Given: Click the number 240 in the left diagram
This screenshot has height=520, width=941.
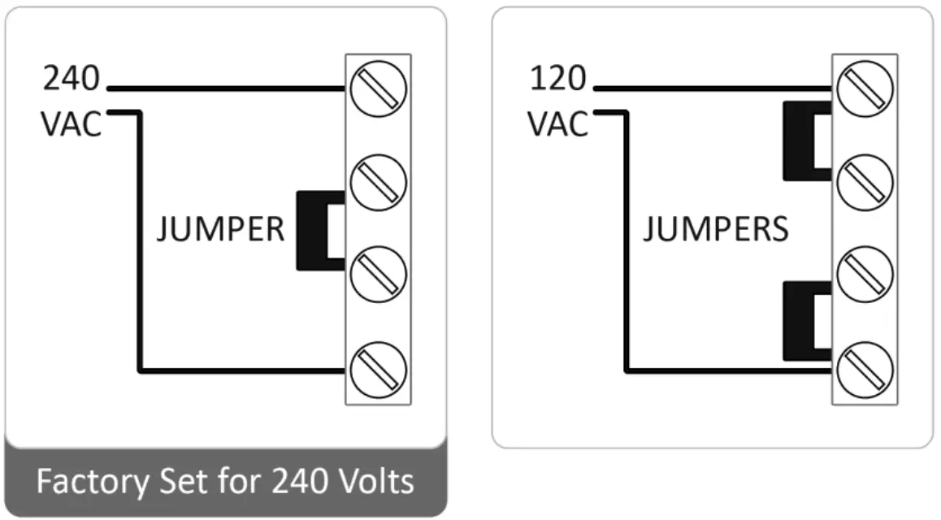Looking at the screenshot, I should tap(71, 79).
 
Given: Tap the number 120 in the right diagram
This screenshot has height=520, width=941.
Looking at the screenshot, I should tap(557, 79).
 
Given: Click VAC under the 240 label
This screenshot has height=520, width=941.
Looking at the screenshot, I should tap(72, 125).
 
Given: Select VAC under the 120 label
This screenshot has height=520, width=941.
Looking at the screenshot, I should tap(558, 125).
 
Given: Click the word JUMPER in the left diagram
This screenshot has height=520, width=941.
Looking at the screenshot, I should tap(220, 231).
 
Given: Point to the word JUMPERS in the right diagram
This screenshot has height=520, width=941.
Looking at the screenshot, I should tap(715, 230).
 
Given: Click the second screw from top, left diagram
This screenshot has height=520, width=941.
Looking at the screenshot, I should tap(378, 179).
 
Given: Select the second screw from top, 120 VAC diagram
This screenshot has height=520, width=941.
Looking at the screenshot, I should tap(865, 179).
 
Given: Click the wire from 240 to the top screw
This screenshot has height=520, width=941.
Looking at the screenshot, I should tap(228, 88).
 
